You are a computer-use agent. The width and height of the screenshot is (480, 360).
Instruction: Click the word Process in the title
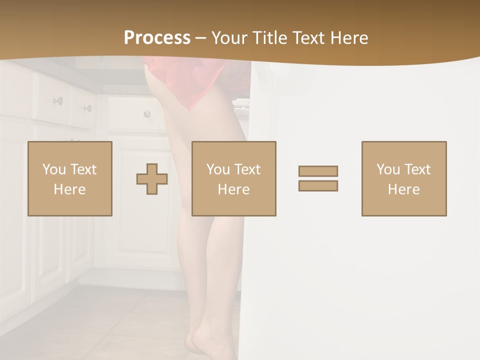click(x=157, y=38)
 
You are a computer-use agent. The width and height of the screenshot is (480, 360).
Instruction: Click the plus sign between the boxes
click(x=152, y=179)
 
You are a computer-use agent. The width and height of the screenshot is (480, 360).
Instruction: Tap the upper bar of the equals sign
click(x=318, y=171)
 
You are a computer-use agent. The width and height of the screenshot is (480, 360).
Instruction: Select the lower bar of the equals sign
click(x=318, y=185)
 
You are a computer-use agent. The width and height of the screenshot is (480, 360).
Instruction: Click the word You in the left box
click(x=53, y=169)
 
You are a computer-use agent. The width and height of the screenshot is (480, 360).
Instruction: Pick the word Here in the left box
click(x=69, y=189)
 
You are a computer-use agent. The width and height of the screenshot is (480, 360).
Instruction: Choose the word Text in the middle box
click(x=247, y=169)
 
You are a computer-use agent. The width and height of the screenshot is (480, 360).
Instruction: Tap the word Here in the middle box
click(x=233, y=189)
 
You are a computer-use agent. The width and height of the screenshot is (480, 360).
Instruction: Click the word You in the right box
click(x=387, y=169)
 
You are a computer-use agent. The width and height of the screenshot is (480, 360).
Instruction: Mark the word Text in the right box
click(x=417, y=169)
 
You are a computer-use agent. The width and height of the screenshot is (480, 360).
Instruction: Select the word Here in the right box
click(x=403, y=189)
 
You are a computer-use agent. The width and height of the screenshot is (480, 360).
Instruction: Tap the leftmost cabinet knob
click(x=58, y=101)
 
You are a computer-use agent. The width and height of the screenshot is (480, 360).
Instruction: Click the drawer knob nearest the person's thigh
click(x=147, y=114)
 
